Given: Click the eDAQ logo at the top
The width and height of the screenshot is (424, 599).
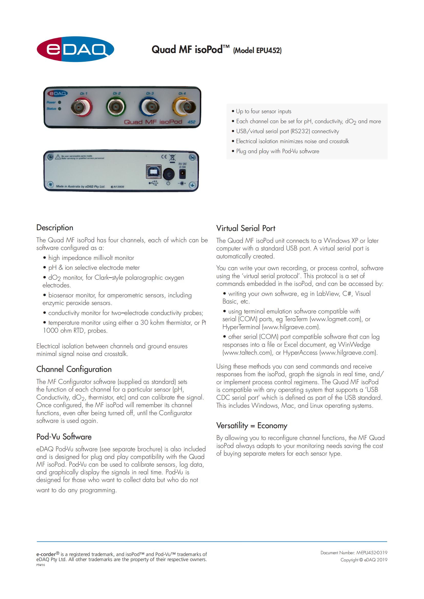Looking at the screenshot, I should pos(75,49).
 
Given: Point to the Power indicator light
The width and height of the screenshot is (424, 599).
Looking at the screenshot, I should pos(60,102).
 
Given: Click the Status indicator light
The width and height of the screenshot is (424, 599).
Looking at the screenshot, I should pos(60,109).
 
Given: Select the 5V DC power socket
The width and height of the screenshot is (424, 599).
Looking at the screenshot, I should pos(182,173).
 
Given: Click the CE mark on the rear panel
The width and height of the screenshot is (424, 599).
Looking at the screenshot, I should pos(164,157).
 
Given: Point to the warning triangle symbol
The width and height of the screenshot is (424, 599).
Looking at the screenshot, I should pos(58,157).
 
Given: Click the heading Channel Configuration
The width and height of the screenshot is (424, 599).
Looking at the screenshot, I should pos(74,369).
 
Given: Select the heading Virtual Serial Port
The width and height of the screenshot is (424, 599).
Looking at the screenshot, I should pos(245,228).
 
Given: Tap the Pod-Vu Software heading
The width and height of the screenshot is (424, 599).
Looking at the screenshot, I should pos(64,437).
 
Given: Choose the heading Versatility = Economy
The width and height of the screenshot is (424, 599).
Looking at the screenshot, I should pos(251,426).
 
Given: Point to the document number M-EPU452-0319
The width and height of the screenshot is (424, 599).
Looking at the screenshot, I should pos(372,553).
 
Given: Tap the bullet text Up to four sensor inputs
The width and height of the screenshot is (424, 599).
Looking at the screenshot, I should pos(264,111).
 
